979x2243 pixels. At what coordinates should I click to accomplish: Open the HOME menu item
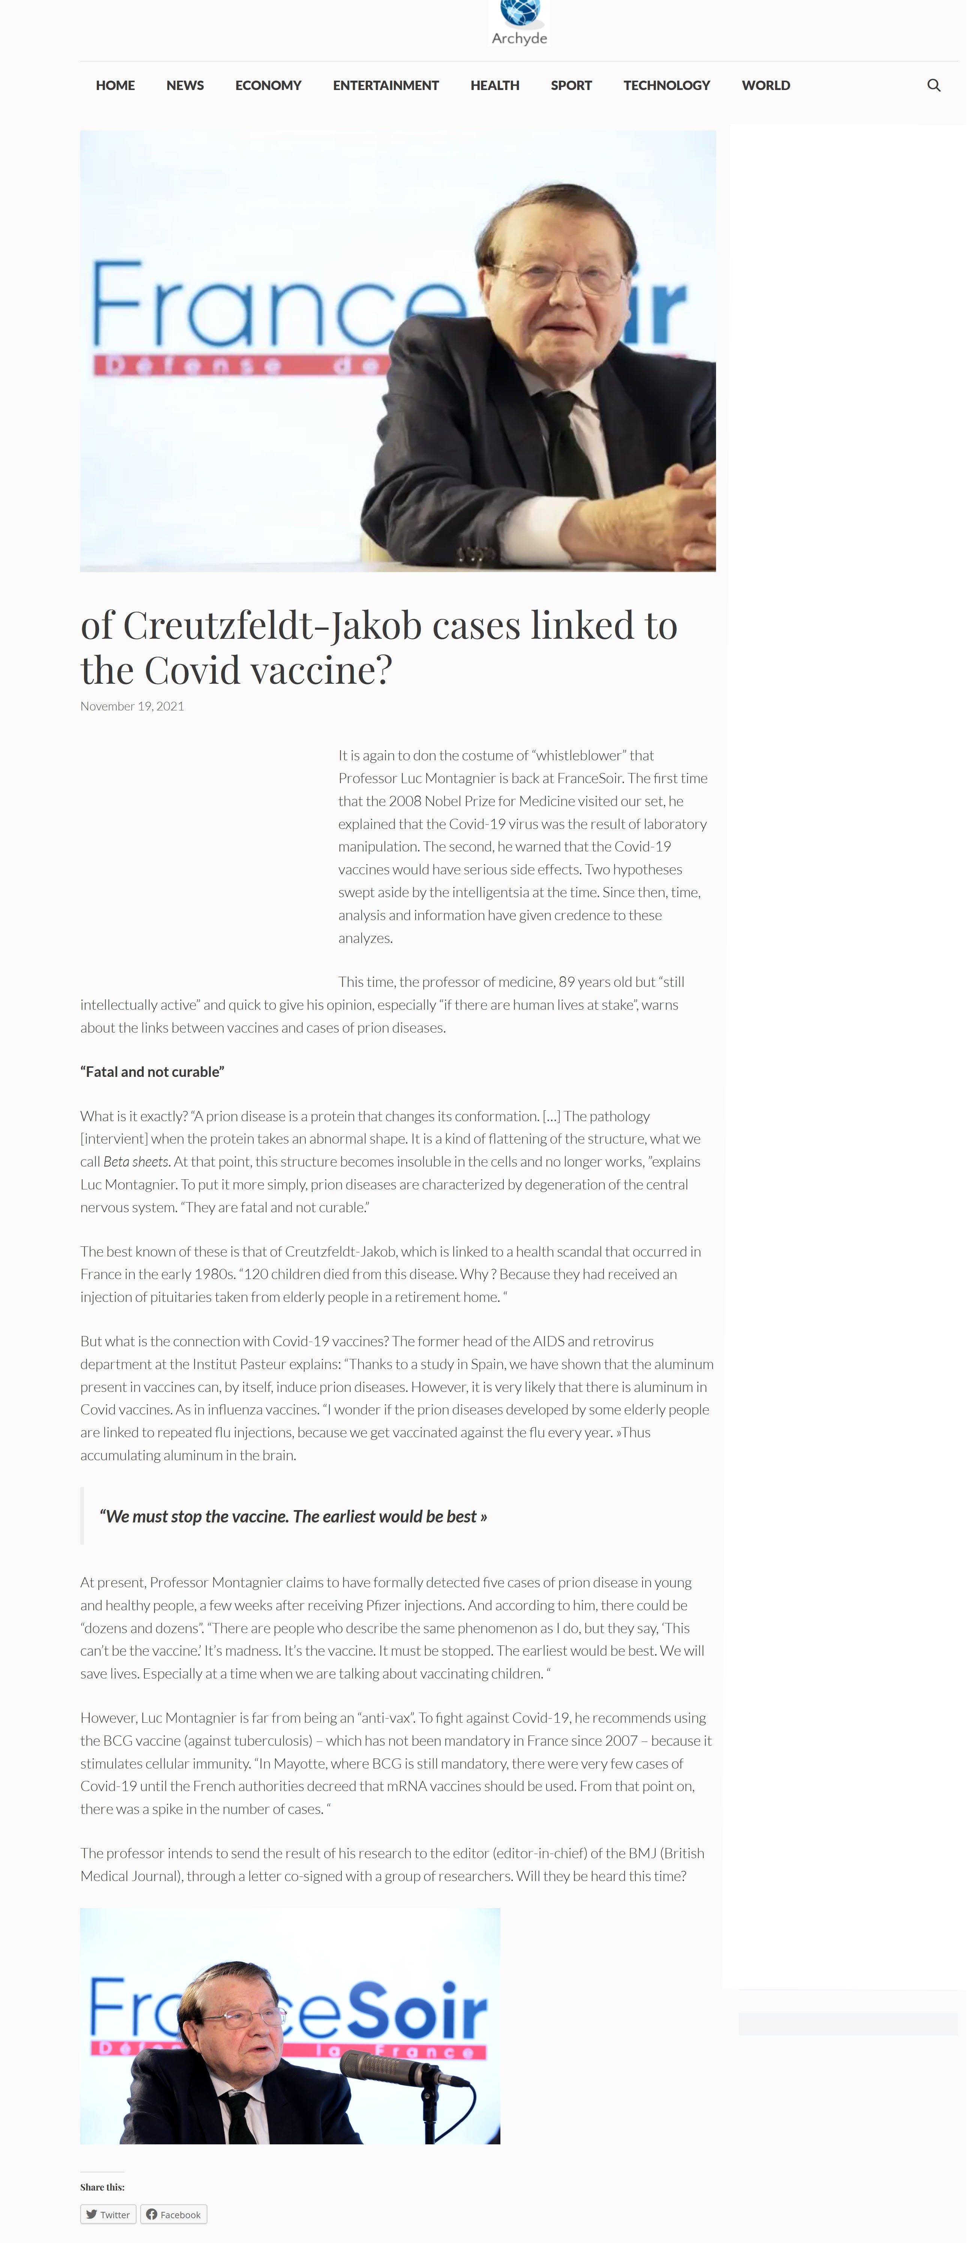115,86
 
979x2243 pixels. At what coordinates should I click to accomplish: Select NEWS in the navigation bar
185,86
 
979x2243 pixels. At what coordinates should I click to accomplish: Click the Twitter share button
108,2214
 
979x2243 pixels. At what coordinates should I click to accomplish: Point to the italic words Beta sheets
136,1162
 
